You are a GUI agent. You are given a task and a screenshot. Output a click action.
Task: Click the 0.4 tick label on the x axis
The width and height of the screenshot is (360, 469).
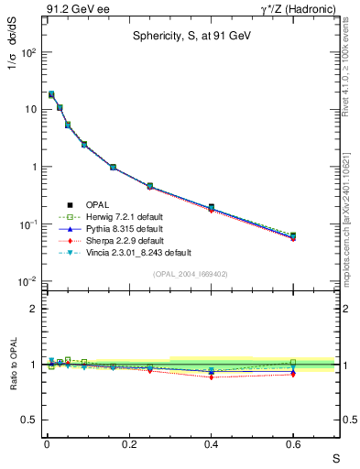(x=211, y=443)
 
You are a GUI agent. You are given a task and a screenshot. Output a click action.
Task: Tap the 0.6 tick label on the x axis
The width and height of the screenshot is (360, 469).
(x=293, y=443)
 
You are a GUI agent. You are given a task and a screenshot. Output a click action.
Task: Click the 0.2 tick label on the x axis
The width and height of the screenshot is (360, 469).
(x=128, y=443)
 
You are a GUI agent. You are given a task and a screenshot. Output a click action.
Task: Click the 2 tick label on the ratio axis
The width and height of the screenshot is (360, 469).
(x=32, y=309)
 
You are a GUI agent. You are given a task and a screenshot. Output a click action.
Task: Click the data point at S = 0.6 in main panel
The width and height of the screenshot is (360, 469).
(x=293, y=236)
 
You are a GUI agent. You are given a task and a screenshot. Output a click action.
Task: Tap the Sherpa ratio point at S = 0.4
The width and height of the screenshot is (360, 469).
(x=211, y=376)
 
